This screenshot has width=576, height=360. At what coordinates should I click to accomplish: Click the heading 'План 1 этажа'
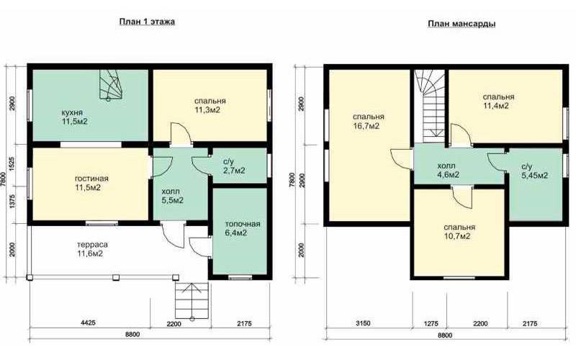pyautogui.click(x=147, y=22)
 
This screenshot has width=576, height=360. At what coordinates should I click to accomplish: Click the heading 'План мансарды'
pyautogui.click(x=462, y=24)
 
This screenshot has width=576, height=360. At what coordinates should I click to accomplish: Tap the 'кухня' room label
pyautogui.click(x=72, y=112)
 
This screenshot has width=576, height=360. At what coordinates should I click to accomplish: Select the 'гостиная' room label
pyautogui.click(x=91, y=179)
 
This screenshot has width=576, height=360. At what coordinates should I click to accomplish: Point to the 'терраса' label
pyautogui.click(x=93, y=245)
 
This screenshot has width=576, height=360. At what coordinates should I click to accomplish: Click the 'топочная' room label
pyautogui.click(x=243, y=224)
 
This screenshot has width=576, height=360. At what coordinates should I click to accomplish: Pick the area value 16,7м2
pyautogui.click(x=366, y=126)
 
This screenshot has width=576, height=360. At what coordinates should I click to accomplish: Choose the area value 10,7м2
pyautogui.click(x=457, y=236)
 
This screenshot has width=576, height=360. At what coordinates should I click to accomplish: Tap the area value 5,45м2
pyautogui.click(x=534, y=176)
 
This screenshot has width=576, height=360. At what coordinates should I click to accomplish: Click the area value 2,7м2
pyautogui.click(x=234, y=171)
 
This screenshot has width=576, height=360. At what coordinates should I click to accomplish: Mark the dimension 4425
pyautogui.click(x=88, y=323)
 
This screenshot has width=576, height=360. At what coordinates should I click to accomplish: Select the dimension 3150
pyautogui.click(x=363, y=323)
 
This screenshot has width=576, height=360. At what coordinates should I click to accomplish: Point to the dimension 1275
pyautogui.click(x=431, y=323)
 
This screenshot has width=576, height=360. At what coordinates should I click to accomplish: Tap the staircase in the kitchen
pyautogui.click(x=110, y=85)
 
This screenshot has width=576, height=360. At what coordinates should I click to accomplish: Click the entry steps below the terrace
pyautogui.click(x=192, y=300)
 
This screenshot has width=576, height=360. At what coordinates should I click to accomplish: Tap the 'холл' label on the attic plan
pyautogui.click(x=446, y=166)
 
